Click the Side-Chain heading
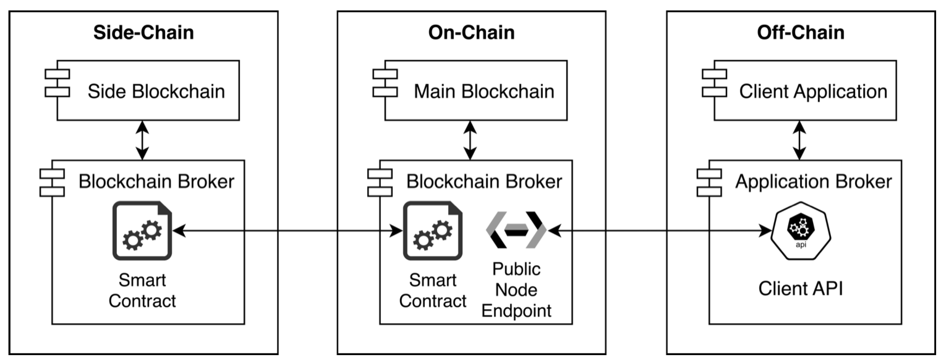point(143,33)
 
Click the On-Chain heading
point(471,33)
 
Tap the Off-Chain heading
point(800,33)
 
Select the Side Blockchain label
point(156,91)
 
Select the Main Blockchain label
point(484,91)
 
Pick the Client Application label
point(813,91)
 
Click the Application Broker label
point(813,182)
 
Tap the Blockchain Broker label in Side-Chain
point(156,182)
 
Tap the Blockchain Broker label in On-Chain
point(484,182)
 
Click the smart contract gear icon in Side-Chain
point(142,231)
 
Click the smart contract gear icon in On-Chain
point(433,231)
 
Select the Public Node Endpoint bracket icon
point(516,230)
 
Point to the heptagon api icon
point(801,231)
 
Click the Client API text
point(800,289)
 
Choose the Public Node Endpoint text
point(516,290)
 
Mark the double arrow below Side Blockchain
point(142,140)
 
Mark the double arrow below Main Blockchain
point(470,140)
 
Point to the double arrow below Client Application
point(799,140)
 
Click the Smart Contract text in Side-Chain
point(142,291)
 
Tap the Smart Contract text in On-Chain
point(433,291)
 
